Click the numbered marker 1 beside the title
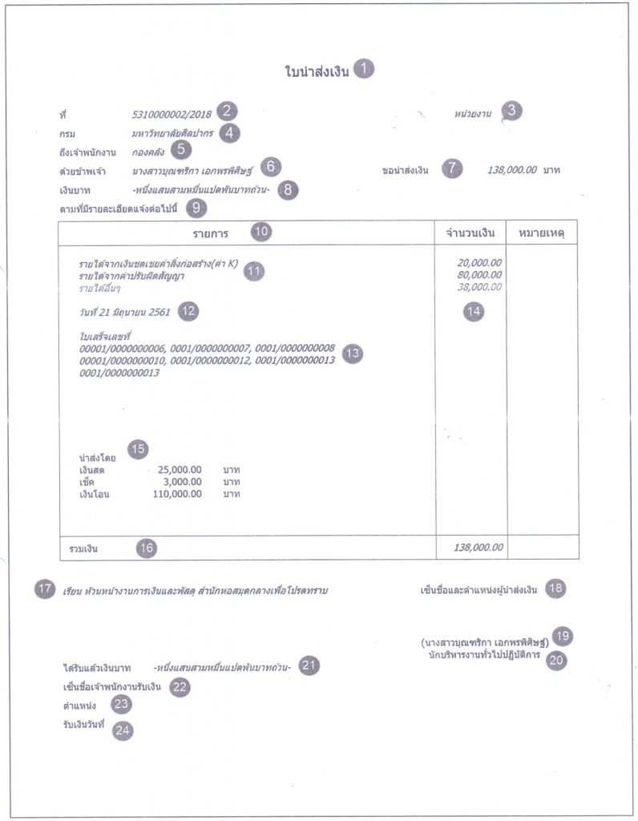pyautogui.click(x=364, y=69)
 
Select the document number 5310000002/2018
pyautogui.click(x=172, y=114)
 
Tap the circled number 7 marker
pyautogui.click(x=453, y=170)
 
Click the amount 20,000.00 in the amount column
pyautogui.click(x=480, y=262)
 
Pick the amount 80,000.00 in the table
pyautogui.click(x=480, y=274)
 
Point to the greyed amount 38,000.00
pyautogui.click(x=480, y=286)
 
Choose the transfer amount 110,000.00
pyautogui.click(x=176, y=495)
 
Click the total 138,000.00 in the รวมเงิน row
pyautogui.click(x=478, y=547)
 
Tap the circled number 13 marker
pyautogui.click(x=353, y=354)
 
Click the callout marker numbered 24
pyautogui.click(x=123, y=730)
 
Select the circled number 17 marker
pyautogui.click(x=45, y=589)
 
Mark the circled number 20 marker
pyautogui.click(x=555, y=659)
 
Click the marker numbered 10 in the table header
pyautogui.click(x=261, y=233)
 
